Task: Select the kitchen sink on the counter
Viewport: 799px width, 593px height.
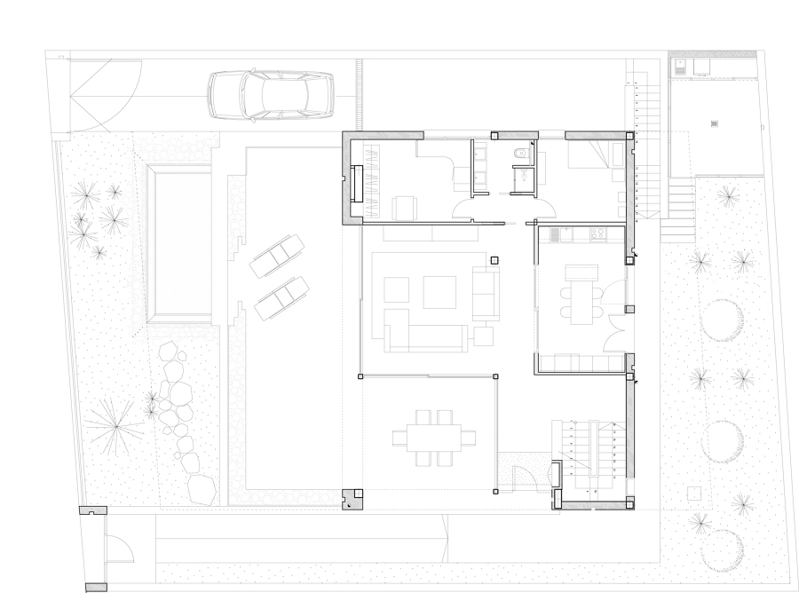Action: click(557, 234)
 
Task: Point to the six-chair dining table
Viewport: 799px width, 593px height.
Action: click(433, 438)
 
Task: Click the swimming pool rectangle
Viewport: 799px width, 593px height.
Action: click(181, 243)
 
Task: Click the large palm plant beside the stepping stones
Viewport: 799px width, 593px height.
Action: click(113, 422)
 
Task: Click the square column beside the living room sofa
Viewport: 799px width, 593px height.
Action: click(494, 260)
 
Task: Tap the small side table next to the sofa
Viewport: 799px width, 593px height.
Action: click(484, 336)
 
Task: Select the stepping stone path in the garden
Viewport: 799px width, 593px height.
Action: click(182, 417)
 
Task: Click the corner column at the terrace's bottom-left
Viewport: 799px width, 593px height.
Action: click(352, 499)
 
